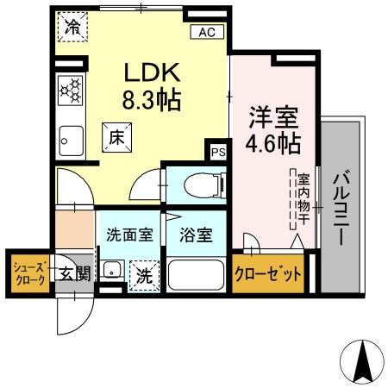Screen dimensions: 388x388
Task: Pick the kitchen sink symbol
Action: tap(69, 136)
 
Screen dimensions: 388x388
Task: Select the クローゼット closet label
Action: tap(268, 274)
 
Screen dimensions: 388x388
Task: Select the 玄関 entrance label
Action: tap(76, 274)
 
